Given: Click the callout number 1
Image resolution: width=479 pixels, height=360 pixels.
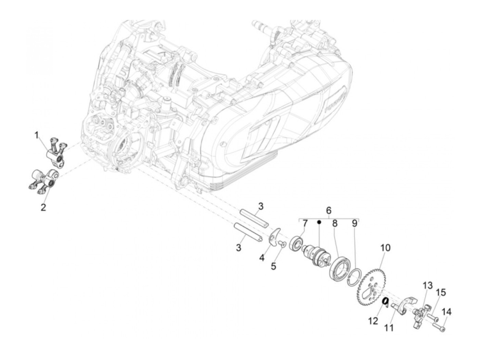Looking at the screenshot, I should point(36,136).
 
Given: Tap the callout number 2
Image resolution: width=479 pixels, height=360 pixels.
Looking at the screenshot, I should point(43,207).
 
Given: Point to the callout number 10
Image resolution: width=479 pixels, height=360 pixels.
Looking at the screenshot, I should point(385,248).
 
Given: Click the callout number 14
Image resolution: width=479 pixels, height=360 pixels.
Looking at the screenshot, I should point(447,312).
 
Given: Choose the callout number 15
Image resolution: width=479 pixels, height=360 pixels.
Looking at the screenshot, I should point(441,293).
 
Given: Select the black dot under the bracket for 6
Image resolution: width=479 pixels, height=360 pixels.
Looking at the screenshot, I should point(319,222).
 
